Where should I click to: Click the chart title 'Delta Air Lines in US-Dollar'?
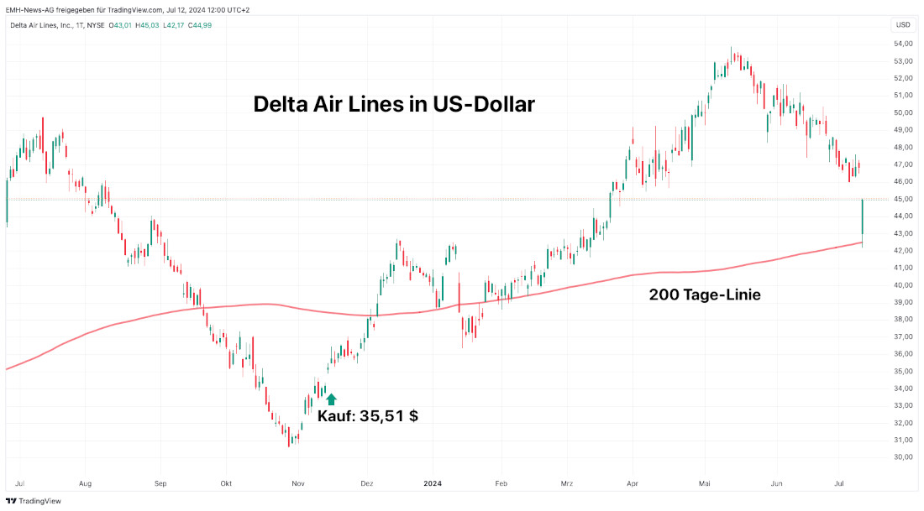click(x=394, y=105)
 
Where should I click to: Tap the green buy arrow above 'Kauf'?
click(x=331, y=399)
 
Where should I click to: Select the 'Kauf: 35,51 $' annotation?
click(x=367, y=415)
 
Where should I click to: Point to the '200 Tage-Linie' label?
click(x=705, y=295)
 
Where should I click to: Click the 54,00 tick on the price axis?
click(x=903, y=44)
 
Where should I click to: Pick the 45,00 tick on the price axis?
click(x=903, y=199)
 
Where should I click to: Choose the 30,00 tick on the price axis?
click(x=903, y=457)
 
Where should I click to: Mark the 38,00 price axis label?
click(x=903, y=320)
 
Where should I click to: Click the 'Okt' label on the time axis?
click(x=226, y=484)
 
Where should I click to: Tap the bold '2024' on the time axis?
click(x=433, y=484)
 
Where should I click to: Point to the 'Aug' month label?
click(x=84, y=484)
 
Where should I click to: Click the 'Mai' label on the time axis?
click(x=706, y=484)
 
